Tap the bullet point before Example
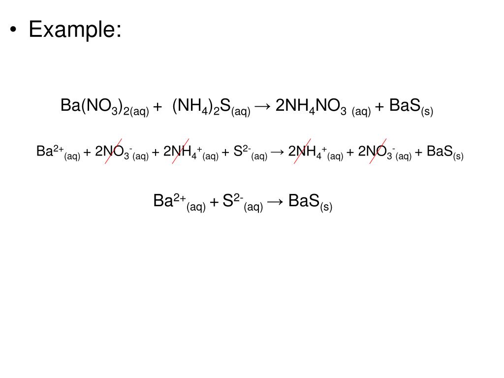tap(13, 31)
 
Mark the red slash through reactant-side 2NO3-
tap(113, 151)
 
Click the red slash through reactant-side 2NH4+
tap(181, 151)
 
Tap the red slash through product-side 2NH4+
tap(306, 151)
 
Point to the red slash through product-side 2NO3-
tap(378, 151)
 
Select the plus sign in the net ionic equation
tap(214, 202)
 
